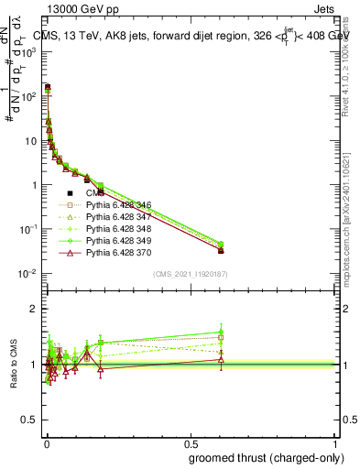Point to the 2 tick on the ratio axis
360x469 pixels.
pyautogui.click(x=35, y=309)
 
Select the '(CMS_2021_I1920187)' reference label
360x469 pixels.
pyautogui.click(x=190, y=274)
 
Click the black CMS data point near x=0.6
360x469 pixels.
pyautogui.click(x=220, y=249)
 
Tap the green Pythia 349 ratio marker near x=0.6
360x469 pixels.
pyautogui.click(x=220, y=332)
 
